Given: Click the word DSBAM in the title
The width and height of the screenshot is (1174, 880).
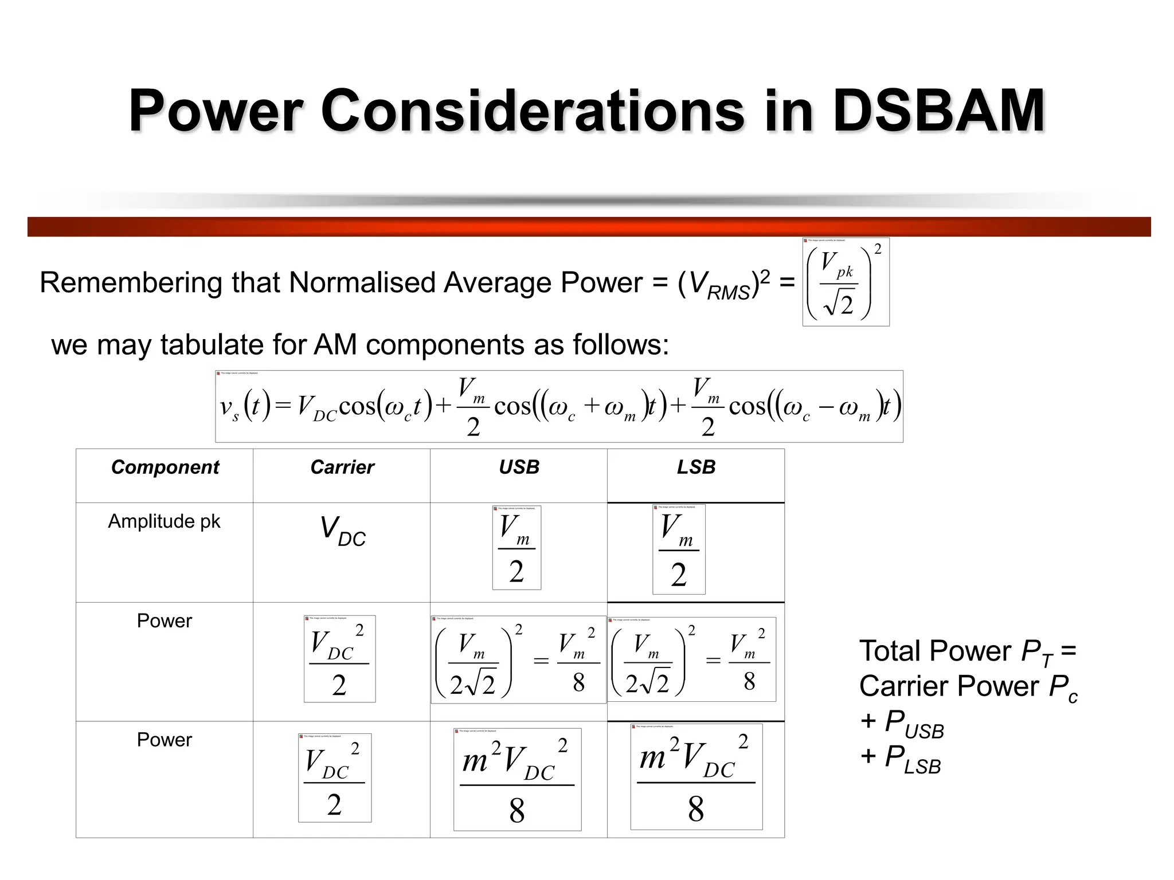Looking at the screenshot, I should pyautogui.click(x=938, y=110).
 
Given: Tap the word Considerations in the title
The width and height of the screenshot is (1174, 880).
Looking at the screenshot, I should pyautogui.click(x=533, y=110).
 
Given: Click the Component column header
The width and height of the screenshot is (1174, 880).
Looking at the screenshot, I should pyautogui.click(x=165, y=467).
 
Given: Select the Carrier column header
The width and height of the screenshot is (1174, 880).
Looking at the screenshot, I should pyautogui.click(x=342, y=467).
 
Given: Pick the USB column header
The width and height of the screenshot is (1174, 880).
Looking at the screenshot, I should pyautogui.click(x=519, y=467).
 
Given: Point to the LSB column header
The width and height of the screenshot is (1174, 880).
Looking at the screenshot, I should pyautogui.click(x=696, y=467).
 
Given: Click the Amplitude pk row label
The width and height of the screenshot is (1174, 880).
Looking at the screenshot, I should pyautogui.click(x=164, y=521).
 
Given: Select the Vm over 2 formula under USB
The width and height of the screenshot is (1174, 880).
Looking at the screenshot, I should pyautogui.click(x=516, y=548).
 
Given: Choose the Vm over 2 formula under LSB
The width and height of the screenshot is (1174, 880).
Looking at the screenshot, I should pyautogui.click(x=679, y=550).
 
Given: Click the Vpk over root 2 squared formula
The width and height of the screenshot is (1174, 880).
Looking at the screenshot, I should pyautogui.click(x=846, y=282).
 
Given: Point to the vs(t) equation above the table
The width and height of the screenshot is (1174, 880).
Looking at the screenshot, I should pyautogui.click(x=559, y=407).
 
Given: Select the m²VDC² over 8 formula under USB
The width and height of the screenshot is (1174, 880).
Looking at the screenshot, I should pyautogui.click(x=517, y=780).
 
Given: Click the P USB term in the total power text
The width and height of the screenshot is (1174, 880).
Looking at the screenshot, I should pyautogui.click(x=914, y=724).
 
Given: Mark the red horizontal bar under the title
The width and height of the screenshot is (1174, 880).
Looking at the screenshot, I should pyautogui.click(x=589, y=227).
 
